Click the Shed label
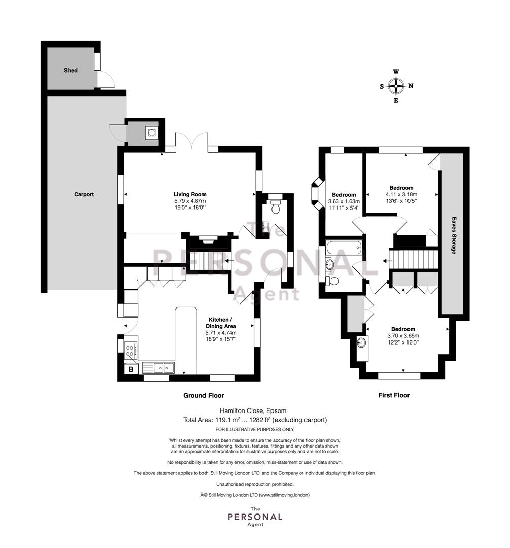[71, 70]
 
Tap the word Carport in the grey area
[84, 194]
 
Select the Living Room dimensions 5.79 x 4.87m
[190, 201]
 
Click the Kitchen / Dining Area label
[221, 323]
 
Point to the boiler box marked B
[131, 369]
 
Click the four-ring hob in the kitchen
[130, 351]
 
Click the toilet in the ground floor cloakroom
[276, 206]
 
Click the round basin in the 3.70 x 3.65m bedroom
[362, 342]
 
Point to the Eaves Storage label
[454, 235]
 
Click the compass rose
[396, 86]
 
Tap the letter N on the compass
[411, 86]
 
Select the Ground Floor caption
[203, 395]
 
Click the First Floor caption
[394, 395]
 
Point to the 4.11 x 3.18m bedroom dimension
[401, 194]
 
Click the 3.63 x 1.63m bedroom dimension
[344, 201]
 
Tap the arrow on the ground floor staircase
[230, 261]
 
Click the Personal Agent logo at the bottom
[255, 517]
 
